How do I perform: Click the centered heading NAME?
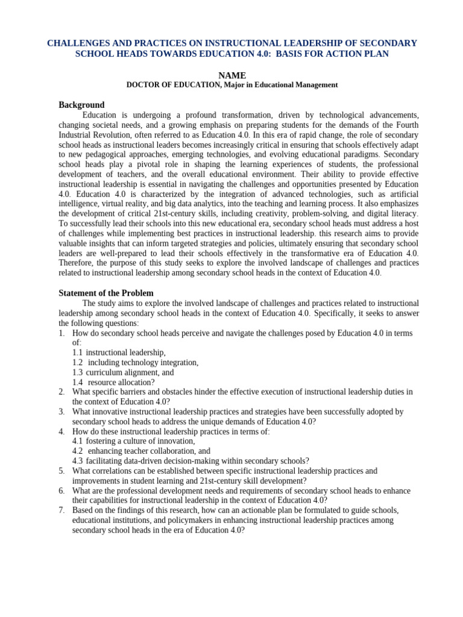231,75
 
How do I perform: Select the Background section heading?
81,105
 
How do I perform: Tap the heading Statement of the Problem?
106,293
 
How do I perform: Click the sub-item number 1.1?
78,352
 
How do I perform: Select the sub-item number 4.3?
78,461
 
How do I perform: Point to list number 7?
61,510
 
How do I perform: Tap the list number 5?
61,471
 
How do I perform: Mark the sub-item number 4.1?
78,441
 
